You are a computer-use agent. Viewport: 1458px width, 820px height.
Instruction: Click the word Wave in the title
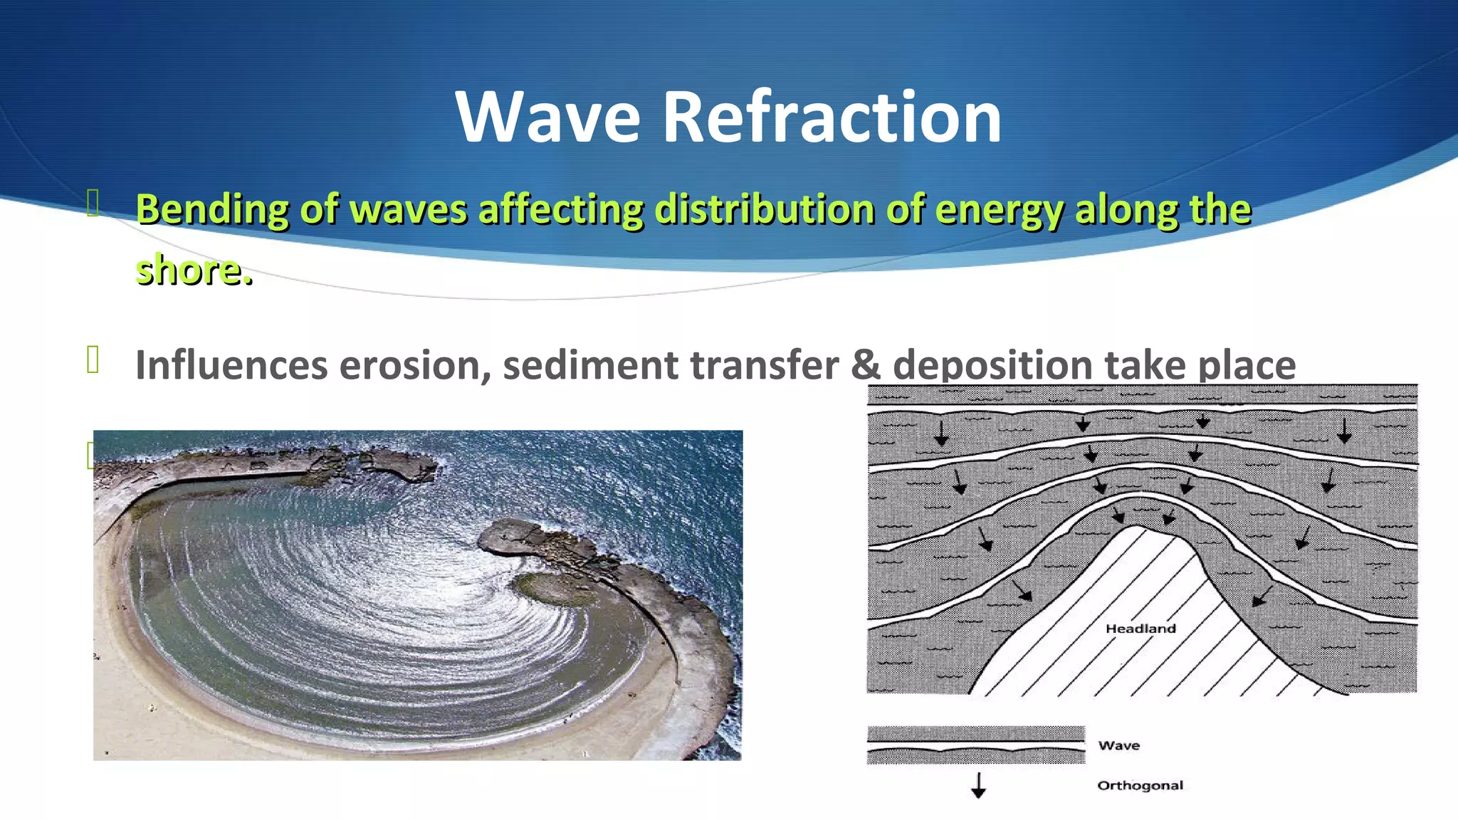click(x=547, y=117)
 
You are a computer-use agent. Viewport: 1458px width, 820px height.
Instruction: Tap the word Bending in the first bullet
click(x=212, y=210)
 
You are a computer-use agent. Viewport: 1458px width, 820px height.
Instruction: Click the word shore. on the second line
click(x=194, y=270)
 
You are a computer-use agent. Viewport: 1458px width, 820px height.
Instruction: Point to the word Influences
click(x=231, y=365)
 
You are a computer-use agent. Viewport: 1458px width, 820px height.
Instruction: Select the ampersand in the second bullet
click(x=866, y=365)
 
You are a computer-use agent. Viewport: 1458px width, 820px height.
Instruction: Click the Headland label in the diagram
click(x=1140, y=629)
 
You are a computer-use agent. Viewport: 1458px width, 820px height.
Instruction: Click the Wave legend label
click(x=1118, y=745)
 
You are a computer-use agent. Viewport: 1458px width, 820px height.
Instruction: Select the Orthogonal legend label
click(x=1140, y=785)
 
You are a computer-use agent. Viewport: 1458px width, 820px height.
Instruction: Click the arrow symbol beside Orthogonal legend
click(x=978, y=785)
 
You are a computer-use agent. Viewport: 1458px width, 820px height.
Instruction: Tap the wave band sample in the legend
click(x=975, y=745)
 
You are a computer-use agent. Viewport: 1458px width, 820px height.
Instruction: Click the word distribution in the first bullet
click(x=764, y=210)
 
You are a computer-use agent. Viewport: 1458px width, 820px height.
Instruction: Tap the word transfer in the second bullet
click(x=764, y=365)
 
